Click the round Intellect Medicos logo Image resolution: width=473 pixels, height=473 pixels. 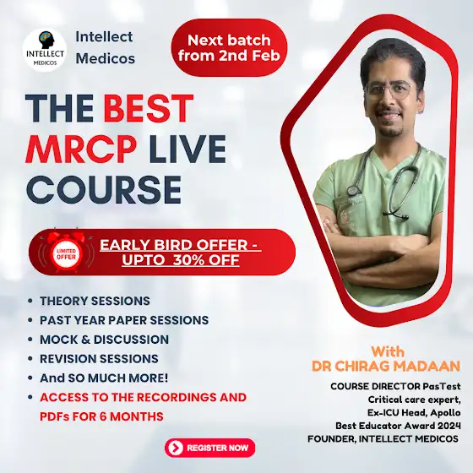tap(45, 51)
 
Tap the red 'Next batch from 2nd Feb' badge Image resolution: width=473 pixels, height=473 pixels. tap(229, 47)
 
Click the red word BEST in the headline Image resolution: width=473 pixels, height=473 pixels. tap(149, 108)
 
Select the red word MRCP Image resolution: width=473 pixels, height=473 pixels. tap(80, 149)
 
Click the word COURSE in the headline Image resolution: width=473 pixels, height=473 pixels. tap(104, 190)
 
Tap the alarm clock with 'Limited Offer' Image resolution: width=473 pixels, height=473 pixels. tap(66, 252)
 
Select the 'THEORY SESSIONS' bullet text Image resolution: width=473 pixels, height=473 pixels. tap(95, 301)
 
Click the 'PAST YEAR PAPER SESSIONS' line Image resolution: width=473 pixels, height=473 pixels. tap(124, 320)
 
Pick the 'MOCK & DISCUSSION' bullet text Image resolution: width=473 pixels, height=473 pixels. tap(104, 340)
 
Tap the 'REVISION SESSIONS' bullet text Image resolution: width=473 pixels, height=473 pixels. tap(99, 359)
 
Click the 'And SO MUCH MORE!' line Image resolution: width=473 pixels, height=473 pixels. tap(104, 378)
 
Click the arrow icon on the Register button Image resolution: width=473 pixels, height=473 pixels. tap(176, 448)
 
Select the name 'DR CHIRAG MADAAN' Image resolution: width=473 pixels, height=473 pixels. tap(386, 366)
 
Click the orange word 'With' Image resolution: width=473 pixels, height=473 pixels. tap(388, 351)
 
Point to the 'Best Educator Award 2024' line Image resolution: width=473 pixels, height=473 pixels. tap(398, 426)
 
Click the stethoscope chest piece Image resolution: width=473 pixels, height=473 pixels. tap(352, 190)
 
